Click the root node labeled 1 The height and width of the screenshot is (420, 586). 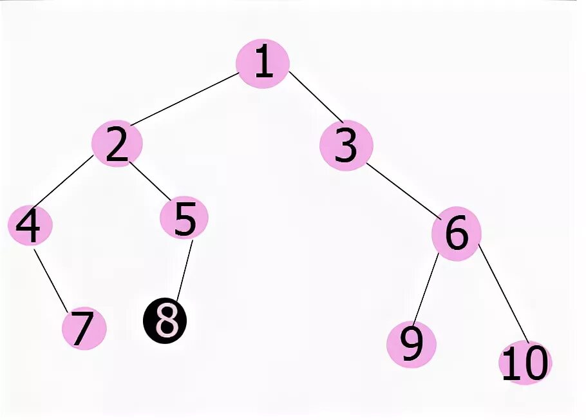point(263,63)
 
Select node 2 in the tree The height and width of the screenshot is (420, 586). point(117,145)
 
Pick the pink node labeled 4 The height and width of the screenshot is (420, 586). point(30,225)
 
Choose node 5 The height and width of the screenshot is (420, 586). point(184,219)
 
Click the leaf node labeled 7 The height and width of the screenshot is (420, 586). point(84,329)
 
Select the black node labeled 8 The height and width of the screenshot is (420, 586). point(165,321)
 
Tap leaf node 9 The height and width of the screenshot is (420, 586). point(411,345)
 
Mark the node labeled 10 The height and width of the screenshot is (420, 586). point(525,363)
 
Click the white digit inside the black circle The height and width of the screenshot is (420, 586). point(165,321)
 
